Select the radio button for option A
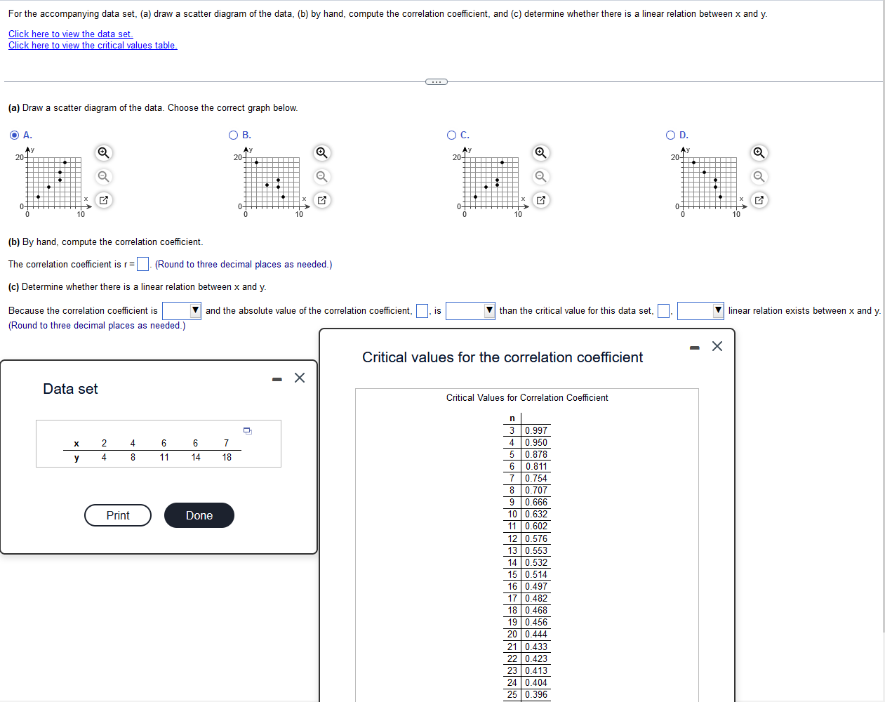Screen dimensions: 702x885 (x=15, y=135)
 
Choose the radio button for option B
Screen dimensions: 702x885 (x=233, y=135)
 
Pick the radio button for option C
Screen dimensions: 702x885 (x=452, y=135)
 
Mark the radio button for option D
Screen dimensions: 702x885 (x=670, y=135)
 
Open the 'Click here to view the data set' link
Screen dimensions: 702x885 (x=70, y=34)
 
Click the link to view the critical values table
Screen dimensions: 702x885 (x=93, y=46)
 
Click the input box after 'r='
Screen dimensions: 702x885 (x=142, y=264)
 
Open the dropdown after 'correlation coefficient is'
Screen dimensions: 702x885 (x=182, y=310)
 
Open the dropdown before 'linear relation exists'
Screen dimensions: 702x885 (x=700, y=310)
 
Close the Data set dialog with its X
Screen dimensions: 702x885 (x=300, y=378)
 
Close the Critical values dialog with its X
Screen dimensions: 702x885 (x=717, y=346)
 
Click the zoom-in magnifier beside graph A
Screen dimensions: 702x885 (x=103, y=153)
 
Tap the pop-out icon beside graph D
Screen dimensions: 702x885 (x=759, y=200)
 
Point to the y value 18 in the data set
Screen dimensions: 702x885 (x=227, y=457)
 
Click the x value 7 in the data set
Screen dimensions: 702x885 (x=226, y=443)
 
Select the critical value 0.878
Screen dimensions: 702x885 (x=536, y=454)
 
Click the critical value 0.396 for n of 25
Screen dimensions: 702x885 (x=536, y=694)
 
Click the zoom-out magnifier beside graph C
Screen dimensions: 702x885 (x=540, y=176)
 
